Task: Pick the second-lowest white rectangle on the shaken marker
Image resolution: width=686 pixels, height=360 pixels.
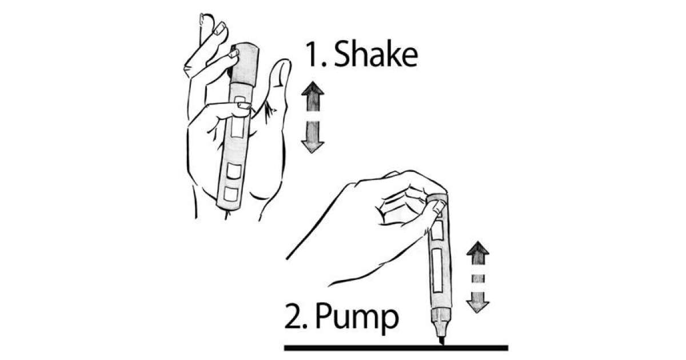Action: tap(233, 170)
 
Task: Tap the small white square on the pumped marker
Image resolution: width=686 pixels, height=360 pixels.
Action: tap(437, 231)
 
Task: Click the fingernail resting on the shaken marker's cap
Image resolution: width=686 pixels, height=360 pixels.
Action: tap(233, 54)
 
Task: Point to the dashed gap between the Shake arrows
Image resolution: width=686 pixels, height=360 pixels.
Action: tap(313, 117)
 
